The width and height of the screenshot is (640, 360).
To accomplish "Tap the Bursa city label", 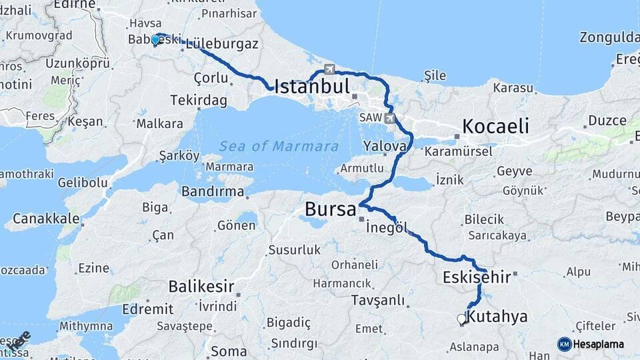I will click(330, 209).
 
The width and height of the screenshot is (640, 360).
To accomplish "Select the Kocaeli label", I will click(495, 127).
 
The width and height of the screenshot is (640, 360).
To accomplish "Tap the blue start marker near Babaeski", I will click(155, 39).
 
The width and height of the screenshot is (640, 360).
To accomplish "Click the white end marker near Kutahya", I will click(461, 319).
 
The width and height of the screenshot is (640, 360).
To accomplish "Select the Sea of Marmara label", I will click(279, 147).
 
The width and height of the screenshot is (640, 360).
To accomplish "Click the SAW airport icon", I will click(389, 119).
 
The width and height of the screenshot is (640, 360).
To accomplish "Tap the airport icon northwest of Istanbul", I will click(329, 69).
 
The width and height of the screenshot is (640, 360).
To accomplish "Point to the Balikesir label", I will click(201, 287).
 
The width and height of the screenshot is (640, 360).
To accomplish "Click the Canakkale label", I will click(41, 218).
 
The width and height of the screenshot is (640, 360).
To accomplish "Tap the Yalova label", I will click(385, 146).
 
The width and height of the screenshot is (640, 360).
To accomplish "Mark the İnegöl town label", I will click(387, 228).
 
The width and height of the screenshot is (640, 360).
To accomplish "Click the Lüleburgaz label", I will click(222, 44).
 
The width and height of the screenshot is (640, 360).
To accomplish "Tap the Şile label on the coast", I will click(435, 76).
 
